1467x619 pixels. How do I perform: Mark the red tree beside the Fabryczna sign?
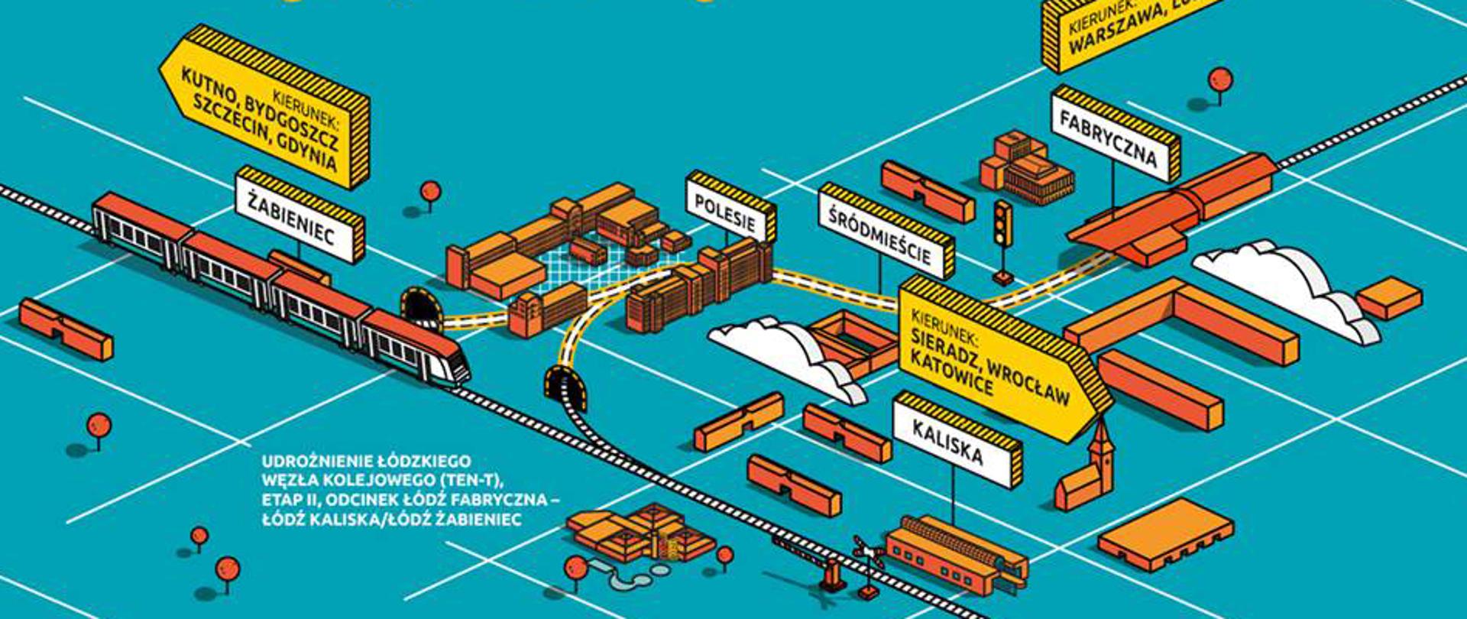coord(1219,79)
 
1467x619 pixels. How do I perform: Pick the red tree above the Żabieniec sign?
coord(430,191)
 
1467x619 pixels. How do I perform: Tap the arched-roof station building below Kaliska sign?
coord(955,550)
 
